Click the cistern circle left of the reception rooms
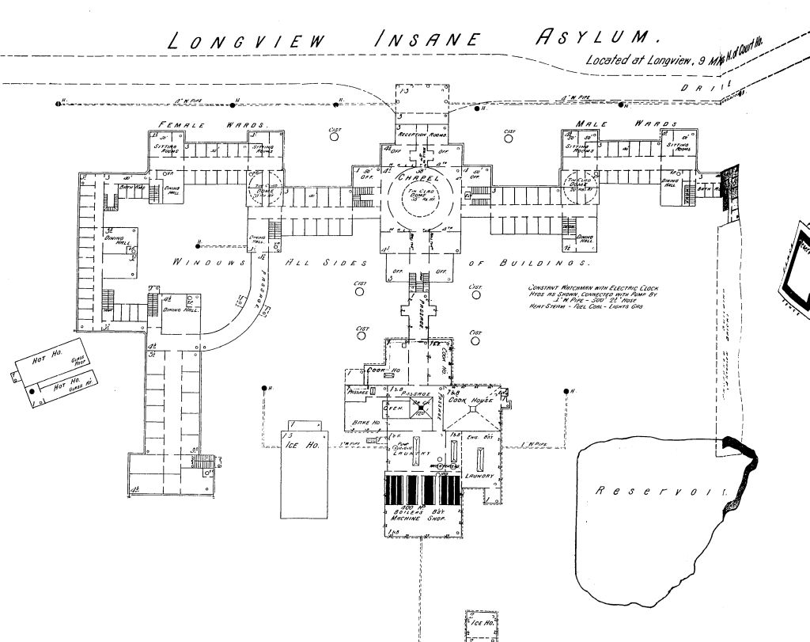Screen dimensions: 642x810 tap(335, 136)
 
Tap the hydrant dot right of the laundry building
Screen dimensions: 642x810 tap(566, 392)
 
